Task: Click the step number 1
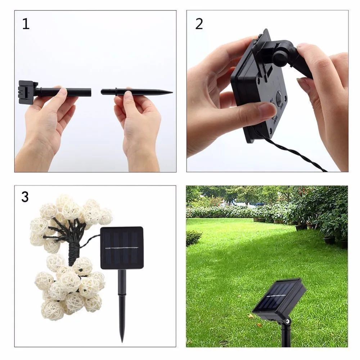[x=26, y=24]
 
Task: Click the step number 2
[x=199, y=24]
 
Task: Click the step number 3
[x=25, y=197]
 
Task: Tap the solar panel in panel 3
[x=122, y=248]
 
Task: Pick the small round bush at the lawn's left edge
[x=193, y=238]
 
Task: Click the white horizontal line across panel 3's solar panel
[x=122, y=248]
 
